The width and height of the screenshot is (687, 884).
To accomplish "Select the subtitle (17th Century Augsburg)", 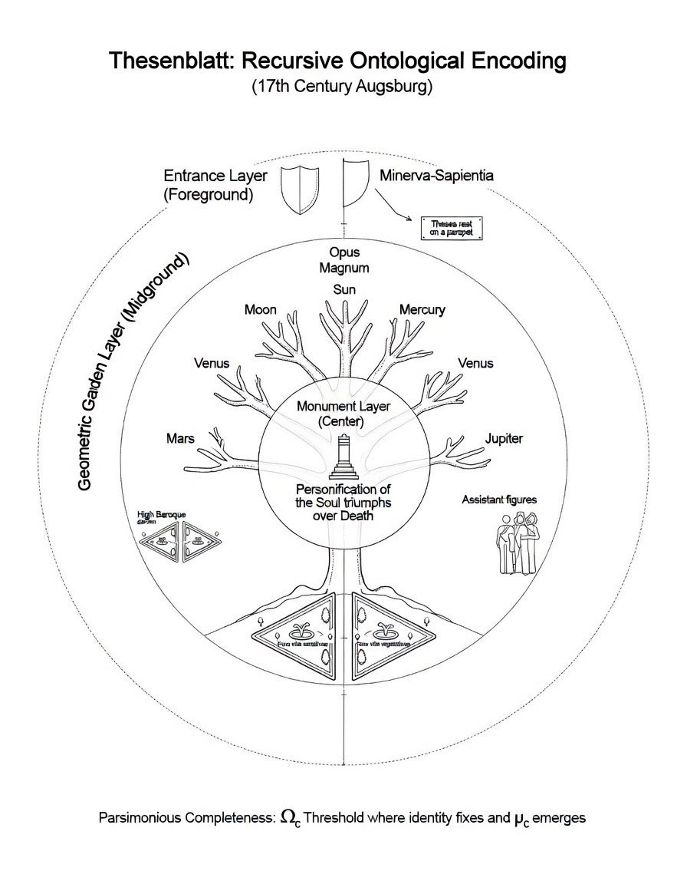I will point(343,87).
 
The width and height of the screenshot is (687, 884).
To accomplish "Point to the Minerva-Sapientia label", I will point(436,175).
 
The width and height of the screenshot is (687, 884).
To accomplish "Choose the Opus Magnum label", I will point(344,260).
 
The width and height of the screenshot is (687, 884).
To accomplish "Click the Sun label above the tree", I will point(344,289).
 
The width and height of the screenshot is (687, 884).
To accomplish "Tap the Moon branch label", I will point(260,310).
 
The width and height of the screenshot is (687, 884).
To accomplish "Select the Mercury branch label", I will point(422,310).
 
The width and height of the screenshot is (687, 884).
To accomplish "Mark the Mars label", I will point(180,439).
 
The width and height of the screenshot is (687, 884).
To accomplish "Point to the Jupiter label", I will point(504,439).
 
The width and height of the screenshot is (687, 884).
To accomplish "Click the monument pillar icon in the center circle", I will point(343,459).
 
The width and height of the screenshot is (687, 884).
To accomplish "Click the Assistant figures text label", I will point(499,500).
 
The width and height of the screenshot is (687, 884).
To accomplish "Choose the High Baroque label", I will point(161,515).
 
